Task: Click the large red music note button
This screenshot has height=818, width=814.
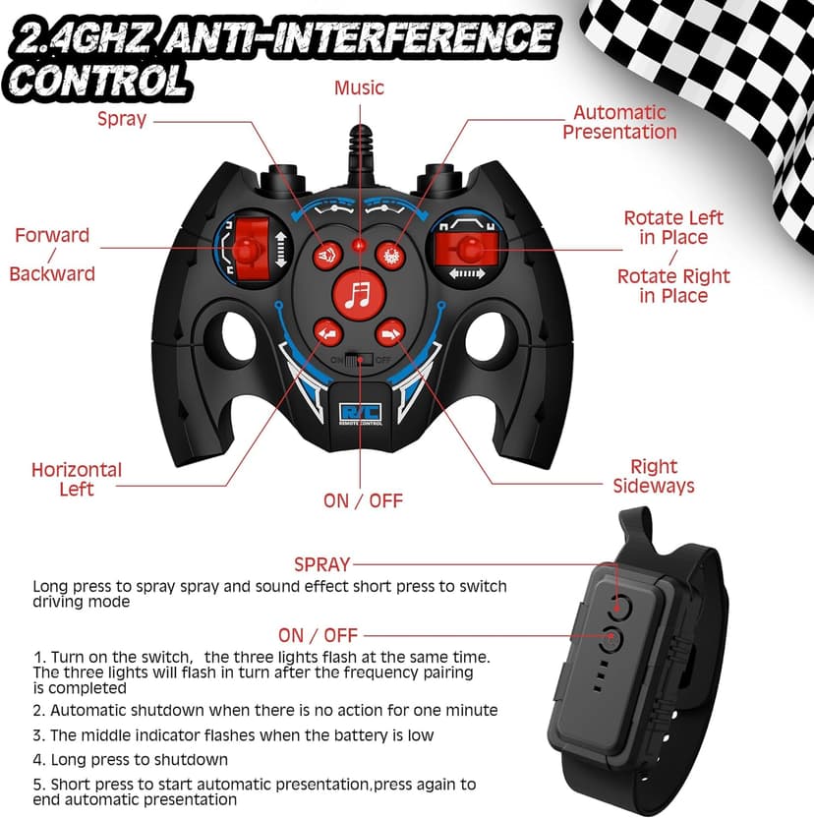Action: pos(359,295)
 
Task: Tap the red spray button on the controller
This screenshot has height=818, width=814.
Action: pos(327,256)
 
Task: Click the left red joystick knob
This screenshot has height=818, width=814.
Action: pos(247,250)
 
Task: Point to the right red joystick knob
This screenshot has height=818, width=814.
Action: pos(471,249)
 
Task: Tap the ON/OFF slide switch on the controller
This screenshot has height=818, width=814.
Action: pos(359,360)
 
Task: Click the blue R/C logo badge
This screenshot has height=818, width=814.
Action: pos(360,413)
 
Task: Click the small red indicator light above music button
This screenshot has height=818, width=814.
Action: pos(359,244)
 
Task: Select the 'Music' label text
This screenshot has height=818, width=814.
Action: pos(359,88)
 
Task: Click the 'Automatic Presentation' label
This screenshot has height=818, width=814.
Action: pos(619,122)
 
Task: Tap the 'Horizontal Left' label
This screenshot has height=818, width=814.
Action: pos(77,480)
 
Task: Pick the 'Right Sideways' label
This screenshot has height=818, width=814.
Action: pos(654,476)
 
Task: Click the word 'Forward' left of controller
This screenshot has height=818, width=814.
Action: pos(52,235)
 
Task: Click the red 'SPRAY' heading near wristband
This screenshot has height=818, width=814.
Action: pos(321,564)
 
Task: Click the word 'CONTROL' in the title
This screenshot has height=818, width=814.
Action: pos(98,82)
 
